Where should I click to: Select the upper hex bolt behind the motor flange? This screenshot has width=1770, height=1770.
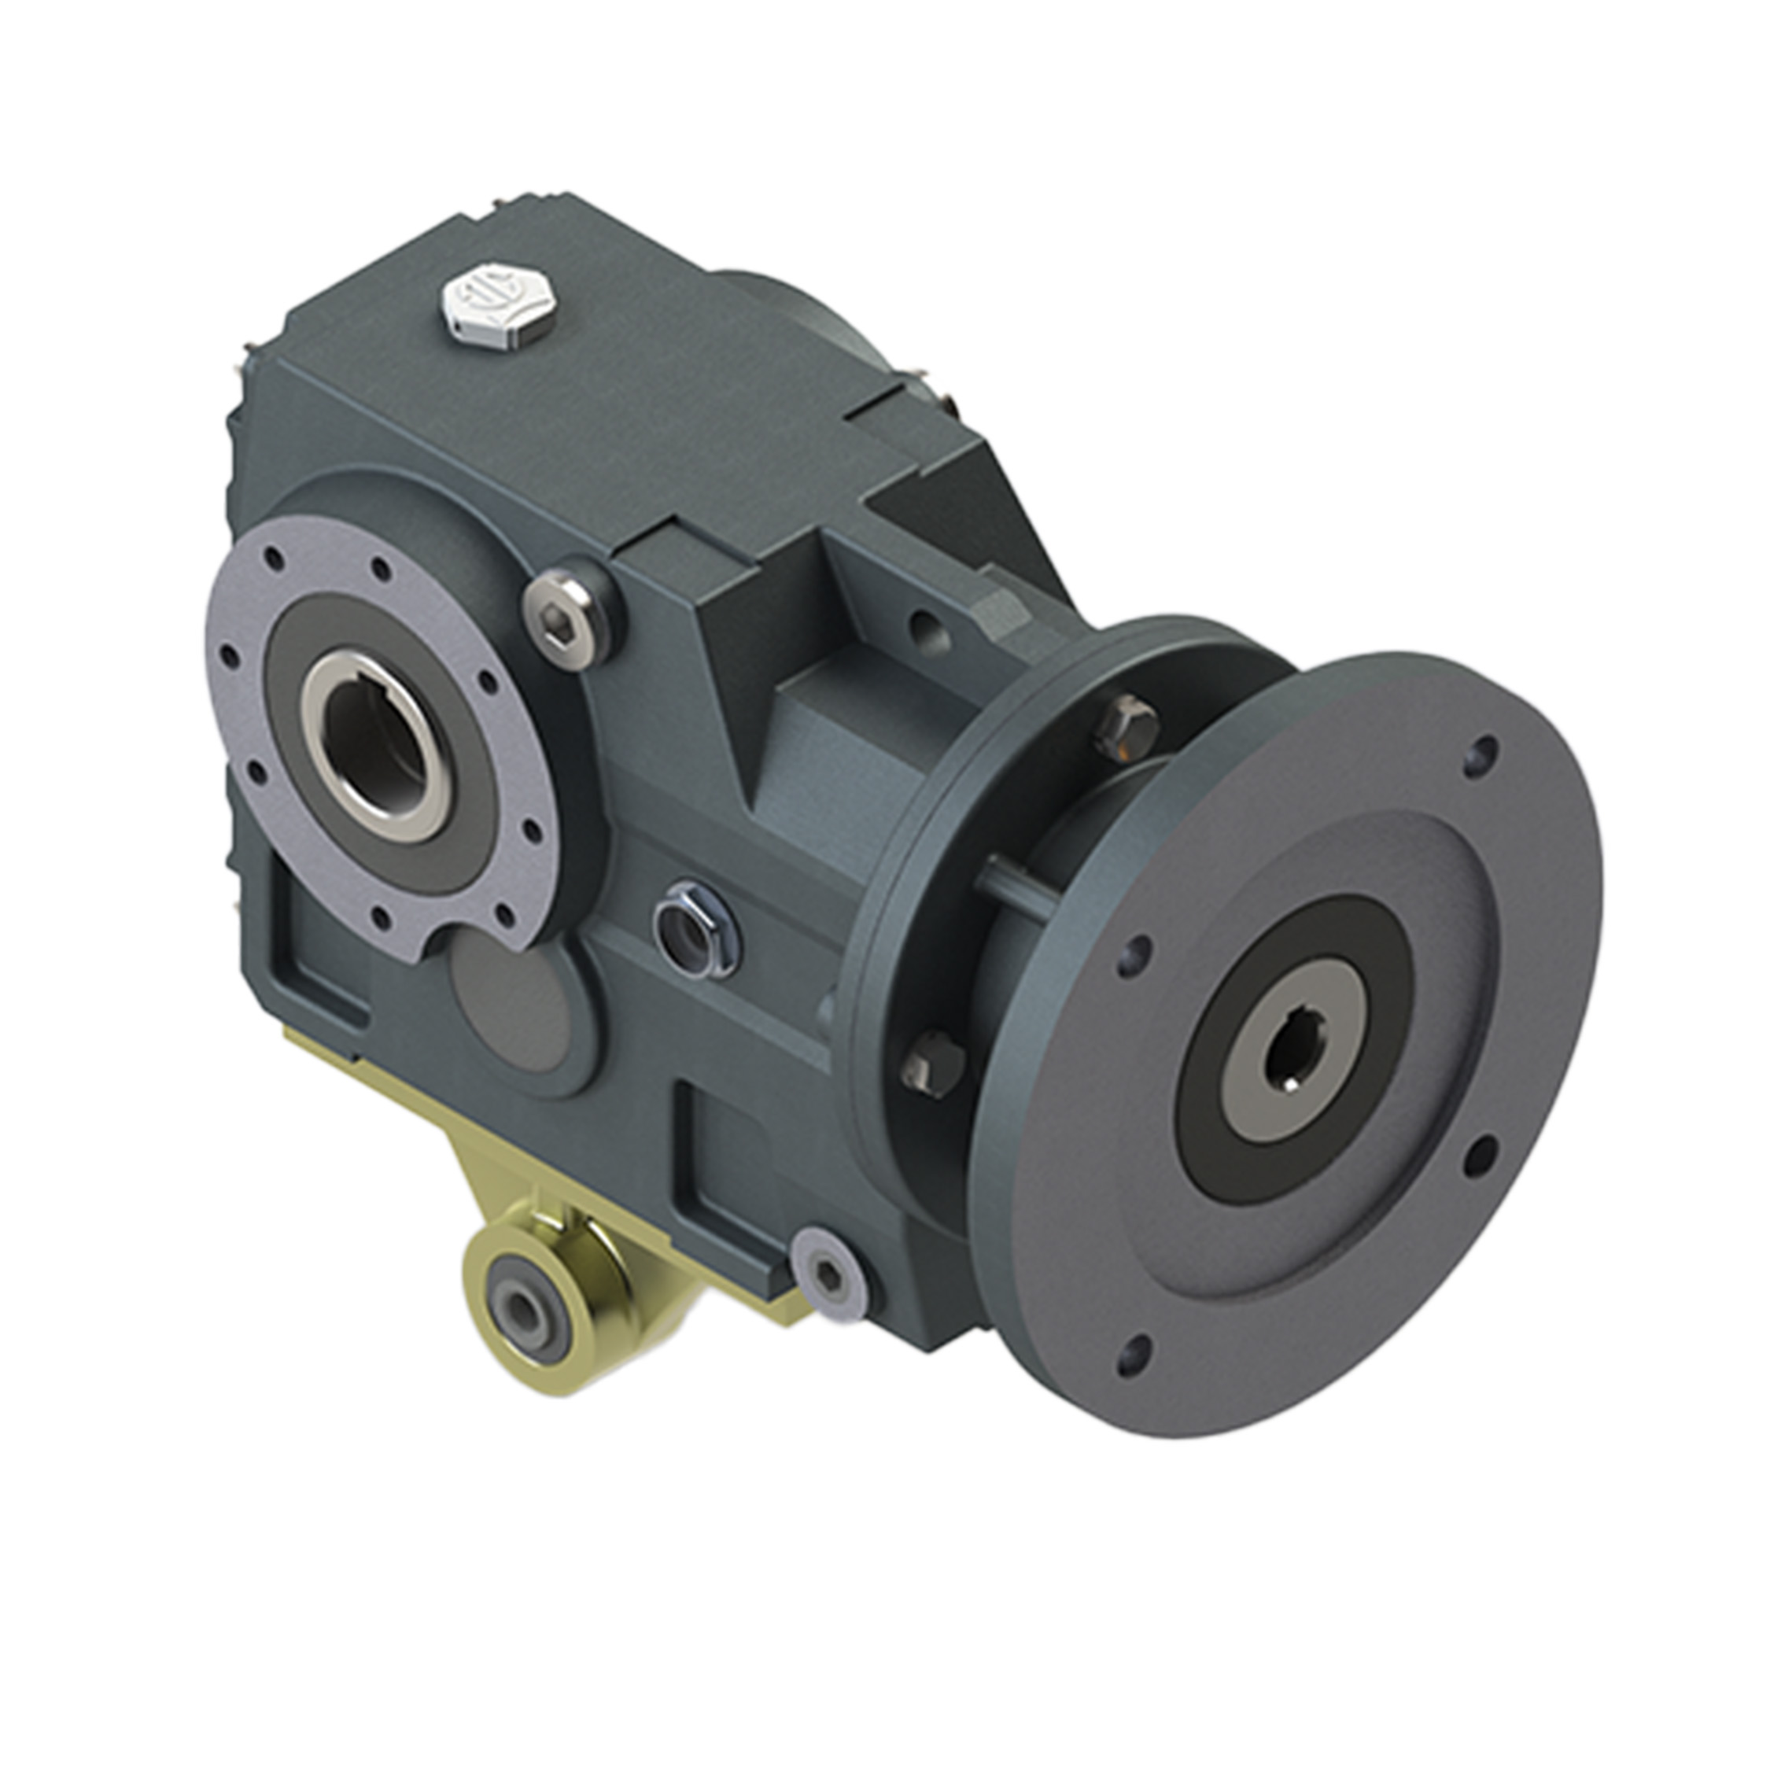(x=1126, y=725)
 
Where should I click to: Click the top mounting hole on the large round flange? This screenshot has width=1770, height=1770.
(x=1479, y=757)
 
